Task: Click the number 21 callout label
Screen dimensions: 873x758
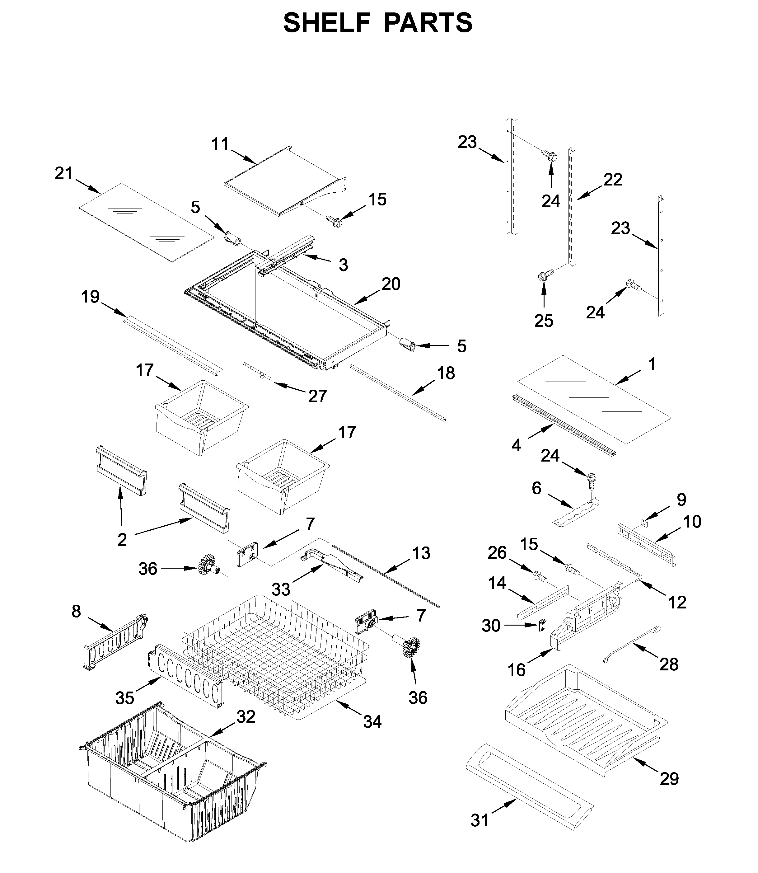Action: pos(64,173)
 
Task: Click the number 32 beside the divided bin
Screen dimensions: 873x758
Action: pos(246,716)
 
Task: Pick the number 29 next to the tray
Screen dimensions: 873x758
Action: pos(669,778)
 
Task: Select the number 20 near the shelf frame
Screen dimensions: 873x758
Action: pos(391,284)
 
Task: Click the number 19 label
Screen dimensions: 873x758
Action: pos(91,297)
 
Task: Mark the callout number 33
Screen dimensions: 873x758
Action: pos(281,589)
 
